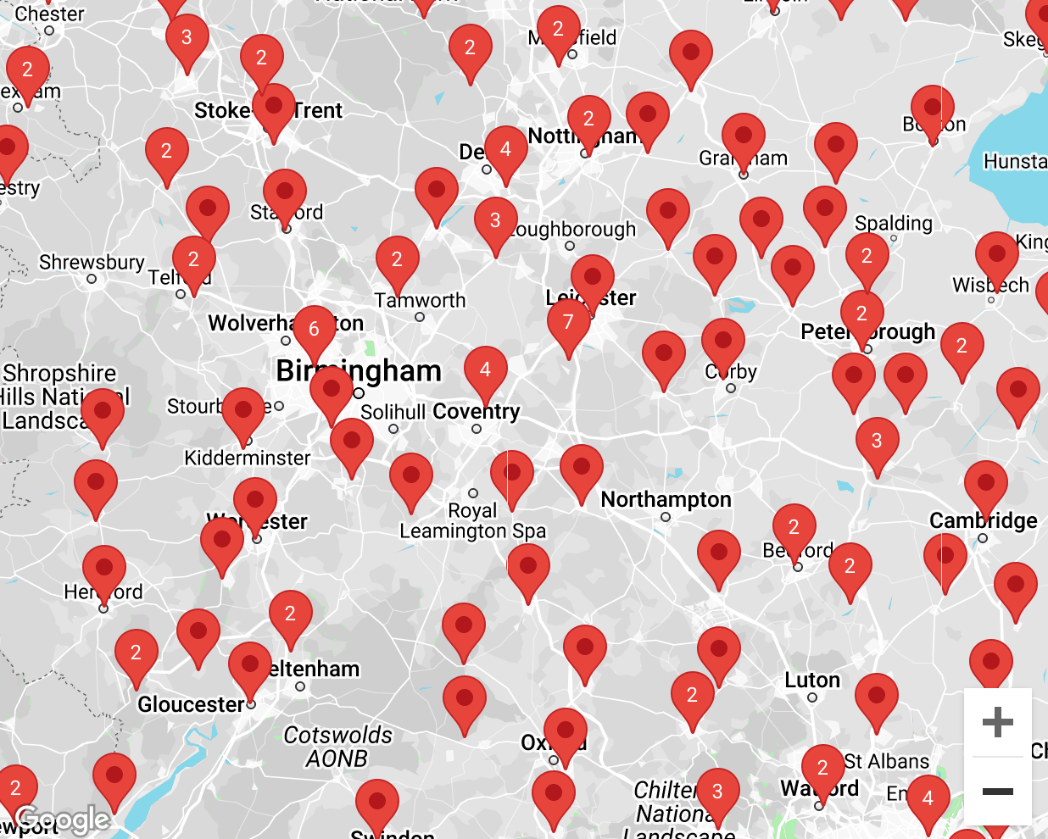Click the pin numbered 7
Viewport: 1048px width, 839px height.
(x=568, y=323)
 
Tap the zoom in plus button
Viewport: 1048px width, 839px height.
(x=997, y=722)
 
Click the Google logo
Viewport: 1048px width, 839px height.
(x=62, y=819)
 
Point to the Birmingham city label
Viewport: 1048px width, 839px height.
(x=359, y=371)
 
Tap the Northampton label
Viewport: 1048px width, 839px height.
(x=666, y=500)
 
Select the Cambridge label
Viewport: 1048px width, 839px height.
(x=983, y=520)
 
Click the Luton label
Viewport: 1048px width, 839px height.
(x=812, y=681)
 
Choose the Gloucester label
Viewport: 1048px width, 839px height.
(x=191, y=704)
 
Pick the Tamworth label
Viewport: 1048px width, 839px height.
(x=420, y=301)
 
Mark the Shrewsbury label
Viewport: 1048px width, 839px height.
(x=92, y=262)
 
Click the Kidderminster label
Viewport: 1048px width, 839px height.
(x=248, y=458)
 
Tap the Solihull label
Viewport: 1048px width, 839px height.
(x=393, y=412)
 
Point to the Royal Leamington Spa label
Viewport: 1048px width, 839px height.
(x=472, y=521)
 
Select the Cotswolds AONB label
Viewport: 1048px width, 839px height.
(x=337, y=747)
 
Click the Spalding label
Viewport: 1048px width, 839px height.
(x=893, y=223)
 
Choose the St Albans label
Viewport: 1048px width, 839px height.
(x=887, y=761)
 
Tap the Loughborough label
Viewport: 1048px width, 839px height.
(x=575, y=230)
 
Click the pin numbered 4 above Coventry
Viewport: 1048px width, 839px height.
(x=485, y=370)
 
